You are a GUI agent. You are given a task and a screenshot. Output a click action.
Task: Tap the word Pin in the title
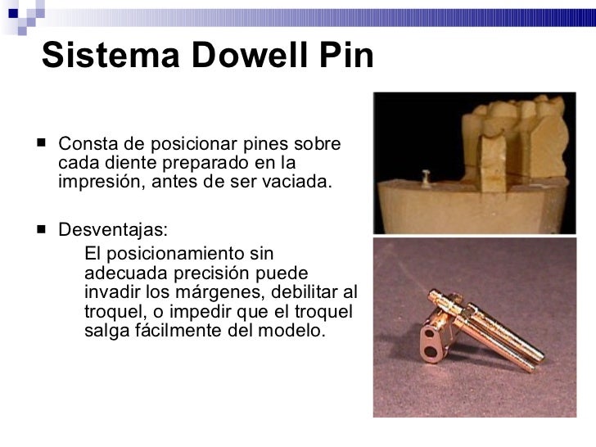(x=344, y=55)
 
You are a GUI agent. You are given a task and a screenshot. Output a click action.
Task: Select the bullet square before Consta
(x=42, y=143)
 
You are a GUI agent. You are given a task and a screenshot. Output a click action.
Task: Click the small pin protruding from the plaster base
(x=427, y=174)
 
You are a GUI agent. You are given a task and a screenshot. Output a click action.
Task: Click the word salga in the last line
(x=102, y=332)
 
